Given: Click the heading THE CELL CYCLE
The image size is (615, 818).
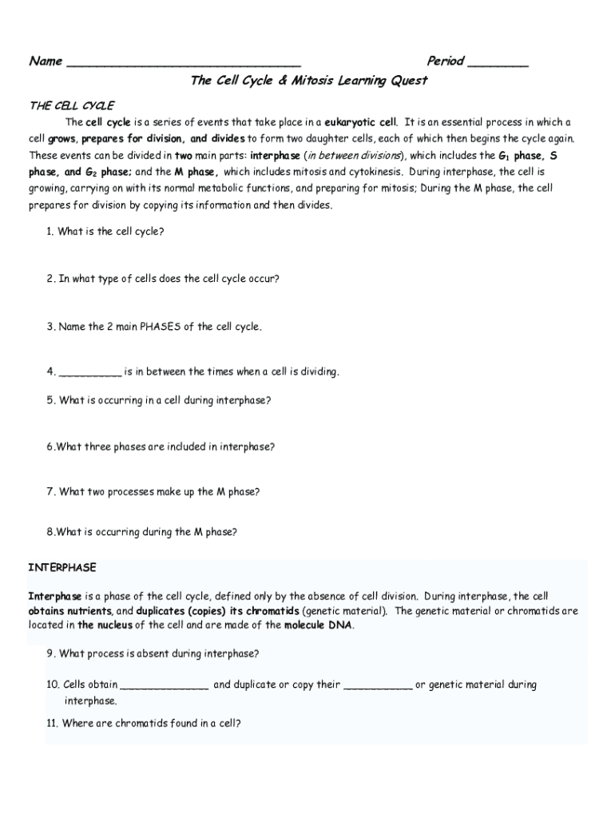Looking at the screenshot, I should point(72,105).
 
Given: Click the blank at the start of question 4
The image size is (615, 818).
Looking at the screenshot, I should point(90,372).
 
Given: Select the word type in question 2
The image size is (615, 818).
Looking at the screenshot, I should point(117,280).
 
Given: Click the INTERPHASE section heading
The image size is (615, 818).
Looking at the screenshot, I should point(62,568).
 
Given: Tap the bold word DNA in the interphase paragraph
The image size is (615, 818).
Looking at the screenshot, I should point(339,625).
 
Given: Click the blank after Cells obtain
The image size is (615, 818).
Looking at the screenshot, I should point(165,685).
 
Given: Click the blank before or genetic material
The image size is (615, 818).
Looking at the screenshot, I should point(378,685).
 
